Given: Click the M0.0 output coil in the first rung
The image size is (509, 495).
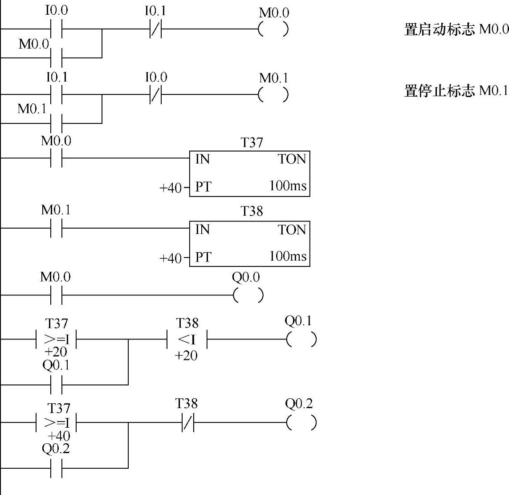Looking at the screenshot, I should (273, 29).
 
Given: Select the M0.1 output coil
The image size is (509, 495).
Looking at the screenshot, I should (273, 94).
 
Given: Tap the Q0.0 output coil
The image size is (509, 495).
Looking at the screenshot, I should (248, 295).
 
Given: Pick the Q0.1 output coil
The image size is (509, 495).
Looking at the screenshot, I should (301, 340).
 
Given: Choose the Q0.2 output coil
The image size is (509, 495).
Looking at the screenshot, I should (301, 422).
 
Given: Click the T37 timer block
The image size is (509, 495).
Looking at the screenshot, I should (249, 174).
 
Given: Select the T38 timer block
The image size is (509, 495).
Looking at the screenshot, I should (249, 244).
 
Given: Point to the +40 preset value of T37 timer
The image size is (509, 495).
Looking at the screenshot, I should (171, 188).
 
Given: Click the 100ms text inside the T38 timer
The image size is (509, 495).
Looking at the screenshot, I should (288, 257).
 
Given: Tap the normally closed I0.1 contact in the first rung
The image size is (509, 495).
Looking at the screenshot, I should (155, 29).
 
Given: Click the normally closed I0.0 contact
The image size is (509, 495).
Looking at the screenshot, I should (155, 94).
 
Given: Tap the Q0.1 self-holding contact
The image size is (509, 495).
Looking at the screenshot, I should (57, 384).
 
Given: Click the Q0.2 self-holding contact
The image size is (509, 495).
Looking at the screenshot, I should (57, 468).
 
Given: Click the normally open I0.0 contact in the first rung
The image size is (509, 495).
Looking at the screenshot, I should (57, 29).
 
